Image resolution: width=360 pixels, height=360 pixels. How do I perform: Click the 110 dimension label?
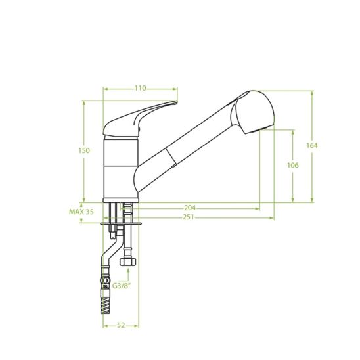point(141,88)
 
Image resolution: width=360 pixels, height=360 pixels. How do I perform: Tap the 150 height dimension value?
point(84,151)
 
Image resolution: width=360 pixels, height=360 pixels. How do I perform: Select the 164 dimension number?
point(312,145)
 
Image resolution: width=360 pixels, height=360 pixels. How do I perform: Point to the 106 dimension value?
point(293,165)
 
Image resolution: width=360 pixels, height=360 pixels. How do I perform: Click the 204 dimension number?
point(190,208)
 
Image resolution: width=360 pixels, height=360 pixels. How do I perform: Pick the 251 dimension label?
point(189,217)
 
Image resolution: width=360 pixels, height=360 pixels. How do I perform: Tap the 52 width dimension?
point(121,325)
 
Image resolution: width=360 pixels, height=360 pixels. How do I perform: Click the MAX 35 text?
point(81,212)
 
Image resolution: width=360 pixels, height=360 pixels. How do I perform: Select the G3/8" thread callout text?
point(122,286)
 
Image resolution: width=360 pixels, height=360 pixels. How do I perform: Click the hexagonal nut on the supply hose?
point(128,261)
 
